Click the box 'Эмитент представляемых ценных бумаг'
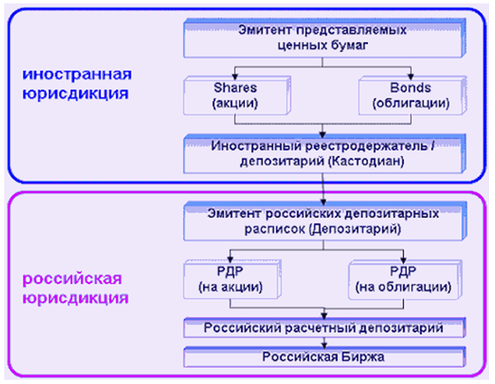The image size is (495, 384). click(x=325, y=38)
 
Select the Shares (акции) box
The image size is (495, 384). click(x=237, y=95)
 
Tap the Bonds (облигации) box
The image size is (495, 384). click(x=412, y=95)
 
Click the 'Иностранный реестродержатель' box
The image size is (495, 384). click(x=325, y=154)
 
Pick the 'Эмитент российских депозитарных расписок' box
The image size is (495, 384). click(x=325, y=221)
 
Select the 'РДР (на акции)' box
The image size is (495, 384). click(x=232, y=280)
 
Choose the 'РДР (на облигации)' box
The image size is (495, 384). click(x=406, y=280)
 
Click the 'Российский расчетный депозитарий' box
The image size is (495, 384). click(x=325, y=328)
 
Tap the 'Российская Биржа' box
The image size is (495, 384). click(x=325, y=357)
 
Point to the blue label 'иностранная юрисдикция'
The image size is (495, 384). click(x=77, y=83)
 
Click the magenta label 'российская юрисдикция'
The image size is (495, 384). click(x=75, y=288)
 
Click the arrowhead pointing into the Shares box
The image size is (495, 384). click(x=235, y=76)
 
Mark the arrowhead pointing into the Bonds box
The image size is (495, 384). click(x=411, y=76)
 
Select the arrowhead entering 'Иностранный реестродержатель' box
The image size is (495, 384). click(x=322, y=135)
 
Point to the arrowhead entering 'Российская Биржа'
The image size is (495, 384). click(x=324, y=345)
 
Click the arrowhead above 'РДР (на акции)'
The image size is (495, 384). click(x=230, y=259)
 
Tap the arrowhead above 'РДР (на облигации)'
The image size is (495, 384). click(x=403, y=259)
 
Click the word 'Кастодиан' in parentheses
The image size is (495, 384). click(x=366, y=162)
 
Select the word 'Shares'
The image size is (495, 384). click(x=235, y=88)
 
